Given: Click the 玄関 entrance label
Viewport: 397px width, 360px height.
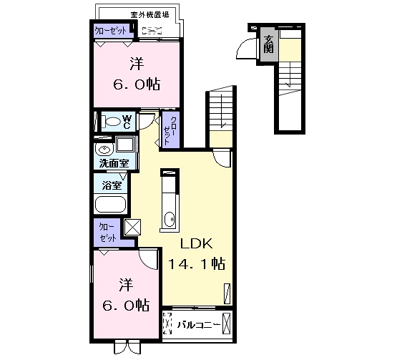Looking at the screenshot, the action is pyautogui.click(x=268, y=44).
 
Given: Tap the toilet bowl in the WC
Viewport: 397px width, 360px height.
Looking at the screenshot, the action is pyautogui.click(x=111, y=122).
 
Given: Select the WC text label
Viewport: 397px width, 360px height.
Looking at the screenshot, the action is pyautogui.click(x=127, y=122).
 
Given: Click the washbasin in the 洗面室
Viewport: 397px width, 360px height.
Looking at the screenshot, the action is pyautogui.click(x=104, y=150).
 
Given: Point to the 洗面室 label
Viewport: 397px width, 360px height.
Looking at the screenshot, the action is pyautogui.click(x=114, y=163).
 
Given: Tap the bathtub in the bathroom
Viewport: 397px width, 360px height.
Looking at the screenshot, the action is pyautogui.click(x=110, y=205).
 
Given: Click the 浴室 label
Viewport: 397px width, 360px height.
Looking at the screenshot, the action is pyautogui.click(x=112, y=185).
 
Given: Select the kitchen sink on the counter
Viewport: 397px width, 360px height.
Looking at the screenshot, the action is pyautogui.click(x=170, y=220).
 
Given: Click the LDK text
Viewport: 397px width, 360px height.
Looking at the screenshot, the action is pyautogui.click(x=196, y=244).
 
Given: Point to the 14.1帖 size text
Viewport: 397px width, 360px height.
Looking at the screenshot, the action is pyautogui.click(x=197, y=263).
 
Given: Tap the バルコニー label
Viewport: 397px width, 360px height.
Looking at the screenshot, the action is pyautogui.click(x=199, y=325).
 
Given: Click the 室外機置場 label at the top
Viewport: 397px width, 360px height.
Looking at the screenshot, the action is pyautogui.click(x=150, y=15).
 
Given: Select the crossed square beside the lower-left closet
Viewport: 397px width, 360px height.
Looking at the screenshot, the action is pyautogui.click(x=132, y=227).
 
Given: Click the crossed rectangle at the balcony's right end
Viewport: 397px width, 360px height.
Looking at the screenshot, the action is pyautogui.click(x=227, y=323).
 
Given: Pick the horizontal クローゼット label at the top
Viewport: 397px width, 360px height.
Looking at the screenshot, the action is pyautogui.click(x=110, y=31).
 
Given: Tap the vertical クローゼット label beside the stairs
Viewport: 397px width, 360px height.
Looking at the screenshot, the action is pyautogui.click(x=170, y=130).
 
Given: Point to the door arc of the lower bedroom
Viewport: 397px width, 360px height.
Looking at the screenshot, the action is pyautogui.click(x=149, y=259).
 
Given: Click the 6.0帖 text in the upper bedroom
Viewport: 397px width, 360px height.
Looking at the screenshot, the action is pyautogui.click(x=137, y=84).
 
